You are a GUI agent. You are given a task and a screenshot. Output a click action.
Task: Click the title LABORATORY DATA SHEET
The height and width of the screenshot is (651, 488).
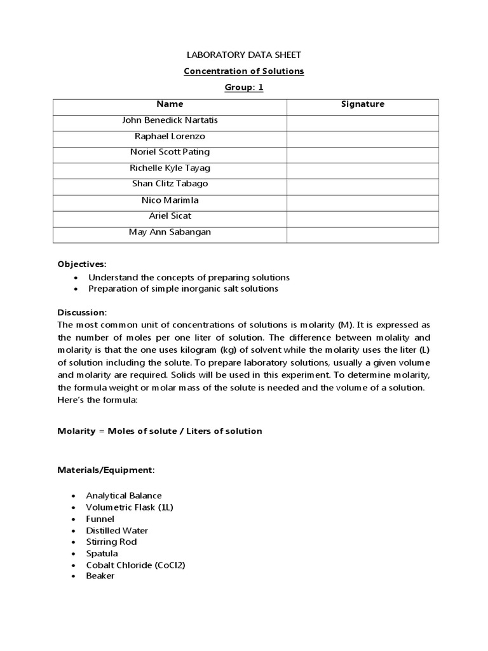tap(243, 55)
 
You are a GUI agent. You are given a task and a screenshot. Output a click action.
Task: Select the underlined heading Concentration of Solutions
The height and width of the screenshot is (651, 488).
tap(243, 71)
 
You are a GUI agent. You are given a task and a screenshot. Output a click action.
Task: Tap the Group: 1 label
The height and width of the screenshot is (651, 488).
tap(243, 88)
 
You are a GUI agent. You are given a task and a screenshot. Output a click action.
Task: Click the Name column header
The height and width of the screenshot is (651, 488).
tap(170, 104)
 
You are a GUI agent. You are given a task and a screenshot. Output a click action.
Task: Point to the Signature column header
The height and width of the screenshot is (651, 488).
tap(362, 104)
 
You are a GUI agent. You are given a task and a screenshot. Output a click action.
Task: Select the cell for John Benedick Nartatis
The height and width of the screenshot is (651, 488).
tap(170, 120)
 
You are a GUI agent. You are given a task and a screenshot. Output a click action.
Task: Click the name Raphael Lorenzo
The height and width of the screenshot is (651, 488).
tap(170, 136)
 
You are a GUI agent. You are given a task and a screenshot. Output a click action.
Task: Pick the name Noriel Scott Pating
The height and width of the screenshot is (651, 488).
tap(170, 152)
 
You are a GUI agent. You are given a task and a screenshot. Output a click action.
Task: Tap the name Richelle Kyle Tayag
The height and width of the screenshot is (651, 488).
tap(170, 168)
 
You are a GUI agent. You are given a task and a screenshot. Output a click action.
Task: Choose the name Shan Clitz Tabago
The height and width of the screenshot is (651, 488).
tap(170, 184)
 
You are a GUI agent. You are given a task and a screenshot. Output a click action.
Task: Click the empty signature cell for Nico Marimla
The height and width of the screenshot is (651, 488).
tap(362, 200)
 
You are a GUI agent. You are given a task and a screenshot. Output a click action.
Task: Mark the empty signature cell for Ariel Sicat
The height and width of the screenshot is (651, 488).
tap(362, 216)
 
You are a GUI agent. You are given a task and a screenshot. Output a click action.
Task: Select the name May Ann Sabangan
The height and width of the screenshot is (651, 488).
tap(170, 232)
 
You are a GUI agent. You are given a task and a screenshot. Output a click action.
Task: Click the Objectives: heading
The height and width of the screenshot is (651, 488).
tap(83, 264)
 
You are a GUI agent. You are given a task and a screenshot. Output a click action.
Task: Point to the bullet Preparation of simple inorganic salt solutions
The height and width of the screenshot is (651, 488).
tap(183, 289)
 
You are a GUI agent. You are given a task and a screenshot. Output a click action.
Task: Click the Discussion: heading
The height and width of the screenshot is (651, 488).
tap(83, 313)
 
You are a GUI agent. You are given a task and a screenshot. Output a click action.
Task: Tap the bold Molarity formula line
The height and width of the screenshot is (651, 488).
tap(159, 431)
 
